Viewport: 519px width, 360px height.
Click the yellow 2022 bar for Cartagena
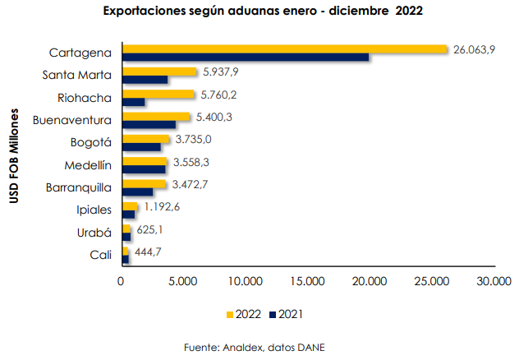[284, 49]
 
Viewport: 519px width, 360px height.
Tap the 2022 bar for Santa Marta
[159, 72]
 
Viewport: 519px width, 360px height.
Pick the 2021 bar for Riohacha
[133, 102]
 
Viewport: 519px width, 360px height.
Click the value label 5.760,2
[222, 94]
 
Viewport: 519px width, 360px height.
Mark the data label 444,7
[147, 251]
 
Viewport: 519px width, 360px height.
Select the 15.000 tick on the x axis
[308, 281]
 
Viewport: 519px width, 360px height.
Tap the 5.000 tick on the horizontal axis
[182, 281]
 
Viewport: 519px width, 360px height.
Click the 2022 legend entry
[243, 314]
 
